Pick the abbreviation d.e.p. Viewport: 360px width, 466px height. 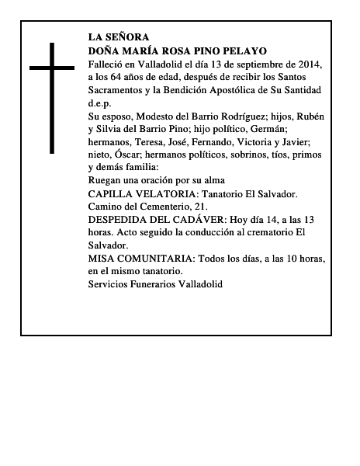[x=100, y=103]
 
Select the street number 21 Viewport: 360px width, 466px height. [x=201, y=206]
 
